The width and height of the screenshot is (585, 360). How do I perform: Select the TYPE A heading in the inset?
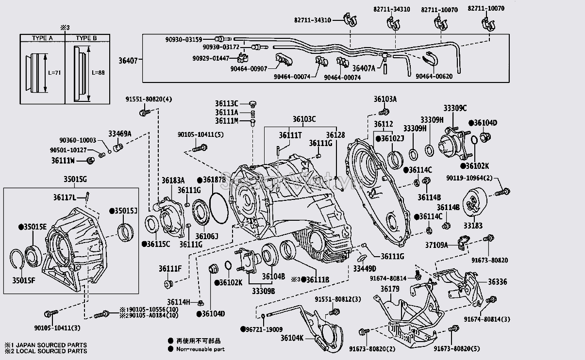pyautogui.click(x=42, y=38)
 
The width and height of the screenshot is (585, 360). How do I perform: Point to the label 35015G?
pyautogui.click(x=76, y=180)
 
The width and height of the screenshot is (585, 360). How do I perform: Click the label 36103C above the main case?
pyautogui.click(x=304, y=119)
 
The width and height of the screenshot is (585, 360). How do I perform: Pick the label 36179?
pyautogui.click(x=389, y=289)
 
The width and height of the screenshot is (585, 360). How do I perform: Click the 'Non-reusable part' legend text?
pyautogui.click(x=200, y=349)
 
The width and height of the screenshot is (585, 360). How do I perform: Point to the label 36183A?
pyautogui.click(x=173, y=180)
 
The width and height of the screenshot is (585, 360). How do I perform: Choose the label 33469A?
pyautogui.click(x=119, y=133)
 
